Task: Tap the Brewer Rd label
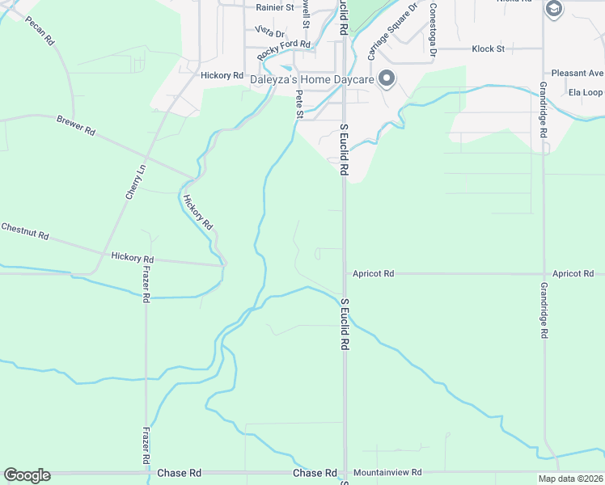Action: pyautogui.click(x=76, y=125)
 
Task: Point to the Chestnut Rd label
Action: pyautogui.click(x=25, y=231)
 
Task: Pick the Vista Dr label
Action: pyautogui.click(x=269, y=32)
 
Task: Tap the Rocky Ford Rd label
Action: pyautogui.click(x=284, y=51)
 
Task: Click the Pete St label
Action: pyautogui.click(x=299, y=104)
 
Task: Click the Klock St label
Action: pyautogui.click(x=488, y=49)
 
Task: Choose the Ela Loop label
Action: pyautogui.click(x=586, y=93)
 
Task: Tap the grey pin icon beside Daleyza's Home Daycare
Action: pyautogui.click(x=387, y=79)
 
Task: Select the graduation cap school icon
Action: pyautogui.click(x=554, y=9)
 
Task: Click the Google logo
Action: pyautogui.click(x=27, y=475)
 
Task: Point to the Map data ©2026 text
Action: pyautogui.click(x=570, y=479)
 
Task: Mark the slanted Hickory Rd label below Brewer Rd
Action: pyautogui.click(x=197, y=213)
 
